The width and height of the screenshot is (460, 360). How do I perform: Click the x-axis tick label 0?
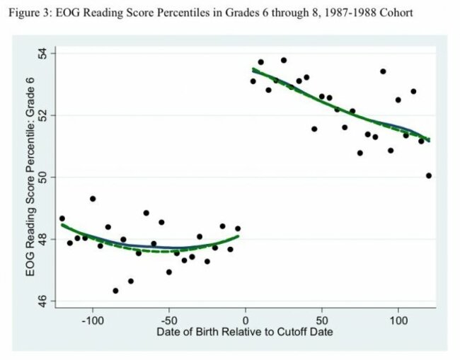(x=245, y=320)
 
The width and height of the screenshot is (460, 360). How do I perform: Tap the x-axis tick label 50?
(x=321, y=320)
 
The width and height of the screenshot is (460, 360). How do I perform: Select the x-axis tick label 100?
(x=398, y=320)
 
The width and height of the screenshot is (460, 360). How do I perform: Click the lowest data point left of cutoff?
(x=115, y=291)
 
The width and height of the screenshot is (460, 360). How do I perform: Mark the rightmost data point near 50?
(x=429, y=175)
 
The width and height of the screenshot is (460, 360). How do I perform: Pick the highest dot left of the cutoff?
(x=93, y=199)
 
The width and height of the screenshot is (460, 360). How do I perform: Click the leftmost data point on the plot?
(x=62, y=219)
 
